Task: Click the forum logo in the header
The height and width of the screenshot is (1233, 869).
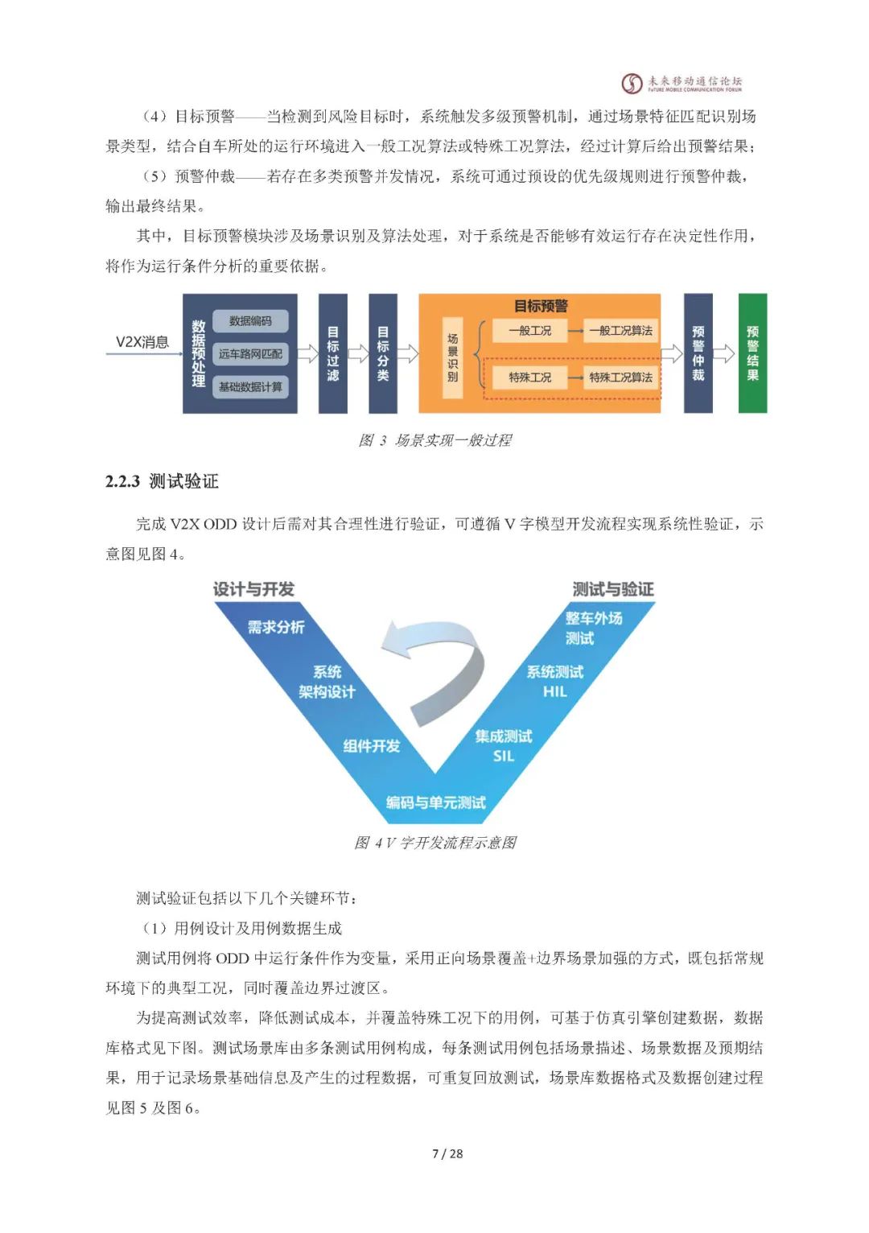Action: point(682,83)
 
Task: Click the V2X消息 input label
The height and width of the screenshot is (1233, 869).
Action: point(142,342)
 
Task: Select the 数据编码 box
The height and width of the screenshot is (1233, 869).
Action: point(250,321)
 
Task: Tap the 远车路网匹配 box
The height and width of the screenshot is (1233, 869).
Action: point(250,354)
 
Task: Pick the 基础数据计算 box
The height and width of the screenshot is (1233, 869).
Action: point(250,387)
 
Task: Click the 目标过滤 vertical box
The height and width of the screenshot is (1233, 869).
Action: point(333,353)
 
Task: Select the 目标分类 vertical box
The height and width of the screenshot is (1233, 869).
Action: point(383,353)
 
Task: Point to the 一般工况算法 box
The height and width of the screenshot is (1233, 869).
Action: point(620,331)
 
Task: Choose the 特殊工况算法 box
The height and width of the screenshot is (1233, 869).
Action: point(620,377)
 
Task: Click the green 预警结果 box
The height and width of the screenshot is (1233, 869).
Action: point(752,353)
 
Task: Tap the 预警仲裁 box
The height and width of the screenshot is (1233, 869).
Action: point(698,353)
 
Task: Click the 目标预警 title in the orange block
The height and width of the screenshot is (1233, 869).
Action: point(541,306)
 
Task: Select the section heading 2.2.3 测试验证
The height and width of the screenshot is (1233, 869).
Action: point(162,481)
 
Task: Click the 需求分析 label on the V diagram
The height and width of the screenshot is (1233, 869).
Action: point(275,627)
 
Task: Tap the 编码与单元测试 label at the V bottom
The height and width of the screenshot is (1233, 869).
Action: point(435,802)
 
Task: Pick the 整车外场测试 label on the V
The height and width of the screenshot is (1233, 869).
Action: point(593,628)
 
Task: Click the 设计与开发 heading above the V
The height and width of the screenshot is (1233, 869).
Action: point(253,589)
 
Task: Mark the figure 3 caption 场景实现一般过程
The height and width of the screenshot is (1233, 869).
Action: point(435,440)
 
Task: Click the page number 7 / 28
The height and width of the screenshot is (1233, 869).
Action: point(447,1153)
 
